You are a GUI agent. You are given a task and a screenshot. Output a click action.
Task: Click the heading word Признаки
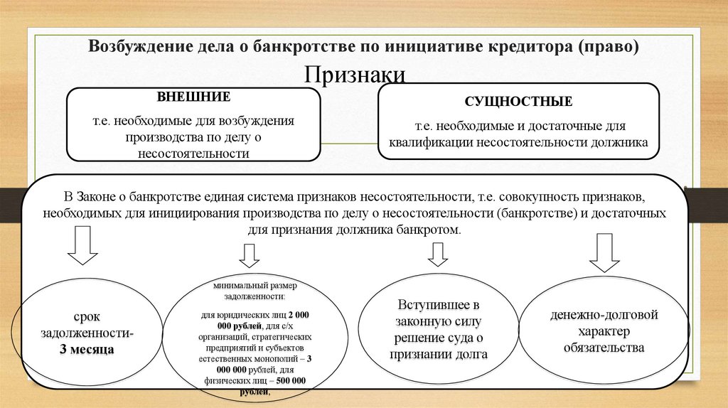355,75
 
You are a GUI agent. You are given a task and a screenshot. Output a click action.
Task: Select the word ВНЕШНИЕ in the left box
194,96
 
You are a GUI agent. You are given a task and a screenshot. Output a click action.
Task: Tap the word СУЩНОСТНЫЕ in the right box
518,102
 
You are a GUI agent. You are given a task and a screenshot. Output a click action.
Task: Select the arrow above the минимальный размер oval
249,254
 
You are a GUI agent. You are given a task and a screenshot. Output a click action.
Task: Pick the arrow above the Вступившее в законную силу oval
437,254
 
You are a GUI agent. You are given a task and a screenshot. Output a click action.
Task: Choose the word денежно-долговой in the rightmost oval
604,314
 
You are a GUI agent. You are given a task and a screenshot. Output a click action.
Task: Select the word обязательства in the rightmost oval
604,348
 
